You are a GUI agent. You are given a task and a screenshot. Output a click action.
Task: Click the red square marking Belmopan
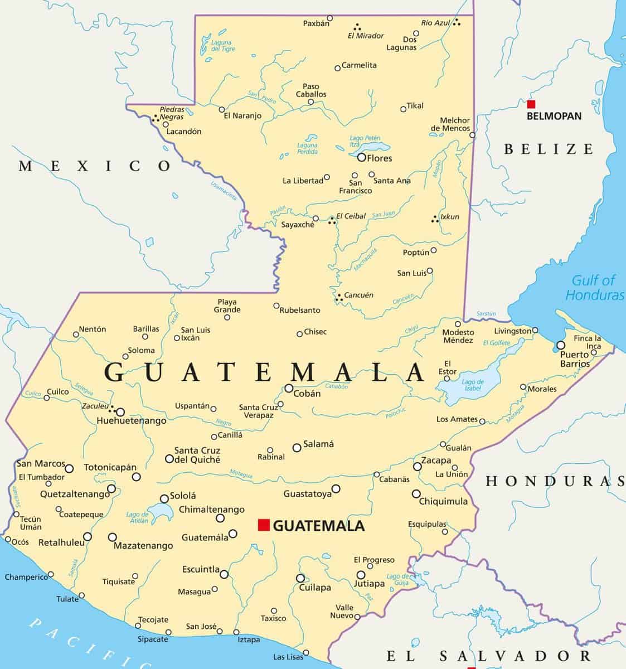point(531,104)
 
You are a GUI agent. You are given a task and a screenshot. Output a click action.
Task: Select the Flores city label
point(379,158)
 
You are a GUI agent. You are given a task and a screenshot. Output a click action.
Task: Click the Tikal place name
point(415,106)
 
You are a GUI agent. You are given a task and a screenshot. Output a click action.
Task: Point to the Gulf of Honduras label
point(594,288)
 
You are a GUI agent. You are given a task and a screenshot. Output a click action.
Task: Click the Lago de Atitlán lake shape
point(159,511)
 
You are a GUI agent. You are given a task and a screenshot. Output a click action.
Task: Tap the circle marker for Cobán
point(289,389)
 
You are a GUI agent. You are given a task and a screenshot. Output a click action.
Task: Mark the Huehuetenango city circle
point(120,412)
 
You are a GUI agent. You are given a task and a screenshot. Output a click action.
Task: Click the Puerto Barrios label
point(574,359)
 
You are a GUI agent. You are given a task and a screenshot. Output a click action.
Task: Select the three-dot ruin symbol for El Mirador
point(356,26)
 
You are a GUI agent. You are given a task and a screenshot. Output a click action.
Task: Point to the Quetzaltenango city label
point(75,494)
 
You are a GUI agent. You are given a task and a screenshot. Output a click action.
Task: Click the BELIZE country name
point(549,149)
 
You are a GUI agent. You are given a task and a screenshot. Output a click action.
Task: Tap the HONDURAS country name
point(555,481)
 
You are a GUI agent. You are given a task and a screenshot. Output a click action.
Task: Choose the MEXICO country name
point(95,166)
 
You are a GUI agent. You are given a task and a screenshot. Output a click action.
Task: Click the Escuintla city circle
point(224,574)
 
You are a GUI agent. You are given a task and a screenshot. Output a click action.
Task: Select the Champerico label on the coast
point(26,577)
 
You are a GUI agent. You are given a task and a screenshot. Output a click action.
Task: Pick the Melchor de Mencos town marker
point(473,135)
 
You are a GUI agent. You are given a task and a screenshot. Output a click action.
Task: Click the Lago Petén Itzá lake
point(370,148)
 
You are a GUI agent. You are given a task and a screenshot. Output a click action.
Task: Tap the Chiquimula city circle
point(416,494)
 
